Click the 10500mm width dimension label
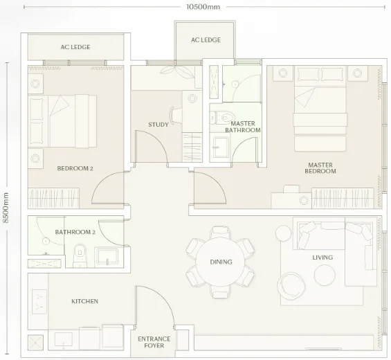[203, 7]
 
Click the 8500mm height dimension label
[6, 208]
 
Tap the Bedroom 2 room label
[75, 168]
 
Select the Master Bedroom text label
[320, 168]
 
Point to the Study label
[158, 125]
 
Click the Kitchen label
[85, 301]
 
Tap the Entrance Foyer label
[154, 342]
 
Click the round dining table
[221, 262]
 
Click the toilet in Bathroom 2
[80, 254]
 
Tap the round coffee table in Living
[325, 275]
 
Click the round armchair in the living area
[291, 286]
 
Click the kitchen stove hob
[39, 302]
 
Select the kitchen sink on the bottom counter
[64, 339]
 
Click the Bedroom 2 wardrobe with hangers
[53, 198]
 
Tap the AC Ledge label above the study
[206, 40]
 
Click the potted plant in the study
[177, 71]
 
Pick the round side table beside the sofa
[284, 233]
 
